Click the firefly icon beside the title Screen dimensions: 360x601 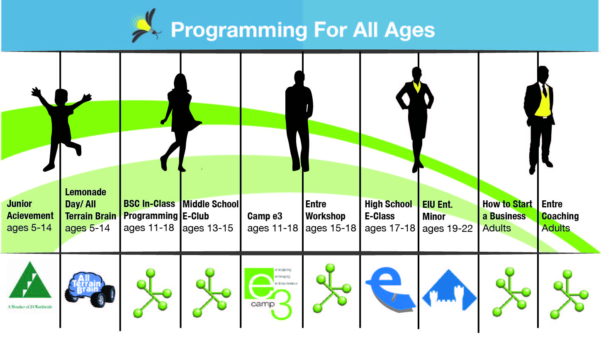(145, 26)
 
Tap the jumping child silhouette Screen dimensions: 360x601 (62, 124)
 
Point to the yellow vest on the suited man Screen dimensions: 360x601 (543, 104)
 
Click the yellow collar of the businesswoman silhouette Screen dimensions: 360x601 (417, 87)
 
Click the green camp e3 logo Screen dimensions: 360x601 (268, 293)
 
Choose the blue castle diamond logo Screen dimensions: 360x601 (449, 291)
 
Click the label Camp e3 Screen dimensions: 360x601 (265, 216)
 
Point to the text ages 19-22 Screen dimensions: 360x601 (447, 229)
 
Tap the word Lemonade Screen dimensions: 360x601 (85, 192)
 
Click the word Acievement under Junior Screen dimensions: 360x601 (30, 216)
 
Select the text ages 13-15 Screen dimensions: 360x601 (208, 228)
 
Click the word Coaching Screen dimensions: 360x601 (560, 216)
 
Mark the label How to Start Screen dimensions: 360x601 (507, 204)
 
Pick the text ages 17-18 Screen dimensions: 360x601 (389, 228)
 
